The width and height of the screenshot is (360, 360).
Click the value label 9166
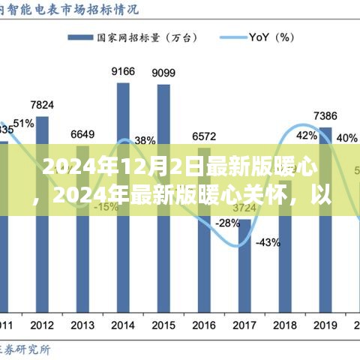[x=123, y=71]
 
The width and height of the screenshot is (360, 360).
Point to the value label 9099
[x=163, y=73]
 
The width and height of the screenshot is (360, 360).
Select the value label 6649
[x=82, y=134]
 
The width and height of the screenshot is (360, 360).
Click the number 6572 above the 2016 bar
[x=204, y=136]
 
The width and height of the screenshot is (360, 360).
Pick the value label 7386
[x=325, y=115]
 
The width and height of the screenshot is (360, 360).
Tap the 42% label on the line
[x=306, y=136]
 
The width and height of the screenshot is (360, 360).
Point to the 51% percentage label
[x=22, y=124]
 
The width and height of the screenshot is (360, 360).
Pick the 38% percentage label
[x=145, y=139]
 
